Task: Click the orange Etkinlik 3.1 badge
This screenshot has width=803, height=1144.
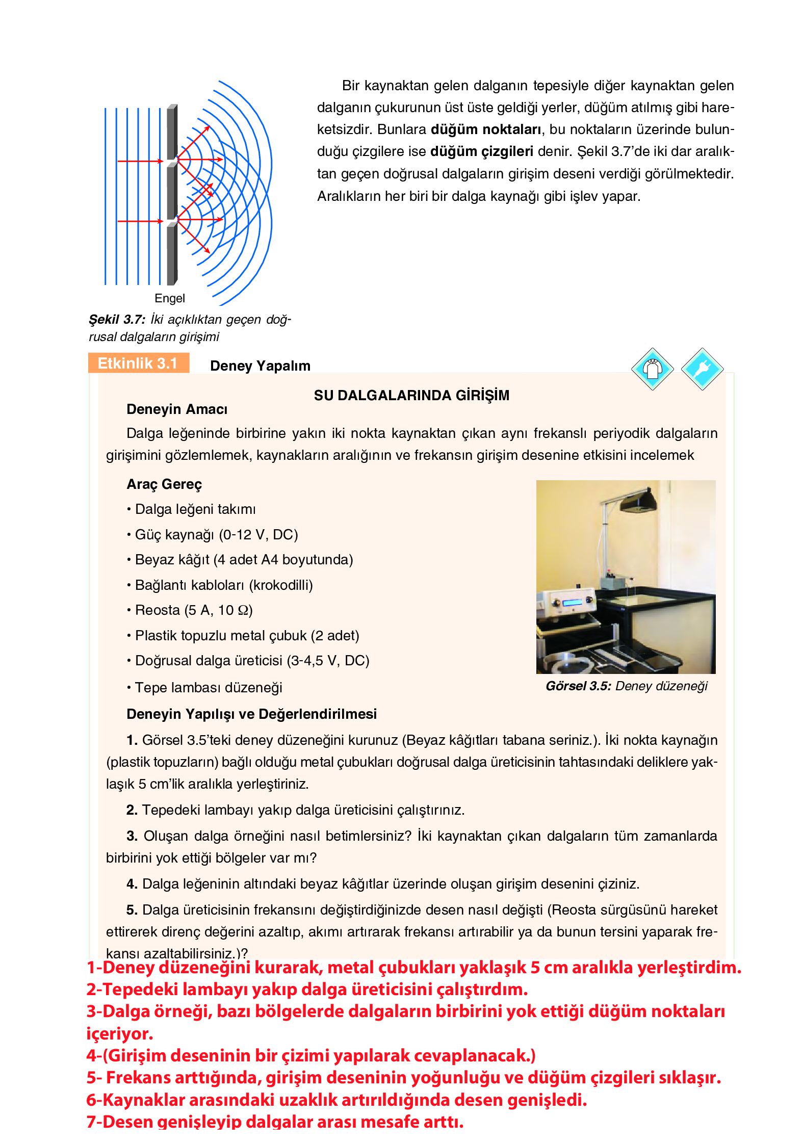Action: point(138,363)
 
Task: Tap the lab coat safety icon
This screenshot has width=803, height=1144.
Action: point(652,369)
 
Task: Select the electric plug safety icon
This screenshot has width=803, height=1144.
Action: point(702,369)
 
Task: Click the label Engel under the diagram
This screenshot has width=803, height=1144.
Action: point(169,298)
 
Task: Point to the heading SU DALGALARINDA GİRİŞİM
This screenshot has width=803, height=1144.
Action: point(411,395)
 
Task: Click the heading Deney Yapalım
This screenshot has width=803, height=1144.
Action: point(260,366)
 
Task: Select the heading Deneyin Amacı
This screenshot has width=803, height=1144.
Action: point(177,409)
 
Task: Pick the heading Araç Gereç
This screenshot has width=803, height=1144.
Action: point(164,484)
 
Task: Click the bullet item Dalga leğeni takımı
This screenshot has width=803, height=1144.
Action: point(195,509)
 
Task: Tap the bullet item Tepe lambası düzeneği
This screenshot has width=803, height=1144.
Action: point(208,687)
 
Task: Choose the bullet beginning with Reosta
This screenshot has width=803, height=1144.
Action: point(193,610)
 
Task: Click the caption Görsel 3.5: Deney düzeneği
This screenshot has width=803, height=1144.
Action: point(627,686)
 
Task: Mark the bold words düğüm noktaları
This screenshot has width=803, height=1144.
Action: point(485,129)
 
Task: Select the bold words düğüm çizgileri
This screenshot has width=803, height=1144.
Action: point(481,151)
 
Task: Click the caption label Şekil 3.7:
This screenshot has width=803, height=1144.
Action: point(117,320)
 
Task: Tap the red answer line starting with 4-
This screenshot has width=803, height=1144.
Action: point(311,1055)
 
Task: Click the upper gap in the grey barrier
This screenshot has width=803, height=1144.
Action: point(172,161)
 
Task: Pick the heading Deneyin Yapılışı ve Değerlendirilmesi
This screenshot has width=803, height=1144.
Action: point(251,714)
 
